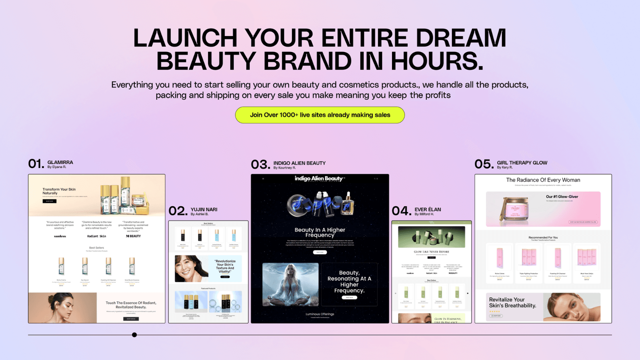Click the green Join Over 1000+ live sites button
320,115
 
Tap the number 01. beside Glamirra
36,164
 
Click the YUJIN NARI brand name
204,209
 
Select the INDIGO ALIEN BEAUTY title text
299,163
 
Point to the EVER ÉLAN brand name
428,209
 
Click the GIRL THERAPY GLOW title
522,162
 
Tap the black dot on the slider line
134,335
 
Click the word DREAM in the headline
461,38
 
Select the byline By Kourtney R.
284,168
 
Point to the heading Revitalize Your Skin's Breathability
512,302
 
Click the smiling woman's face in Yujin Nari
190,268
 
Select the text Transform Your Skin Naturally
59,191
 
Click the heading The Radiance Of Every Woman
543,180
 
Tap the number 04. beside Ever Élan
401,211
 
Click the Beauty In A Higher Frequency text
320,232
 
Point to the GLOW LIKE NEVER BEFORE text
431,252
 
